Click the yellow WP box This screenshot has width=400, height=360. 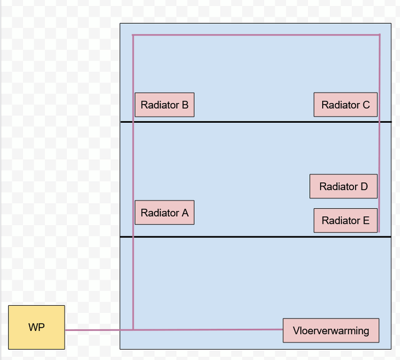[36, 327]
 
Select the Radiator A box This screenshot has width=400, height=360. [164, 213]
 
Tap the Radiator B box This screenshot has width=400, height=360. [164, 105]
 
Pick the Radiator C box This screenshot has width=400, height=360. [345, 105]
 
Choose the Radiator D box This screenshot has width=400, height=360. [343, 186]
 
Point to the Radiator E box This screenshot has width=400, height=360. [345, 220]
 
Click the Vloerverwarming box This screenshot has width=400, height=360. [331, 330]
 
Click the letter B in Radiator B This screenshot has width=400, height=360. [185, 105]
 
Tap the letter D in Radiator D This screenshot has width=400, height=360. [364, 186]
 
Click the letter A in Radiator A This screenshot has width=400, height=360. [185, 213]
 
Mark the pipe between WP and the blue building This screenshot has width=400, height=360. [92, 330]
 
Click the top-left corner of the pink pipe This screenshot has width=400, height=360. [133, 35]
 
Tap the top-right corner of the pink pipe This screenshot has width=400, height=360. [379, 35]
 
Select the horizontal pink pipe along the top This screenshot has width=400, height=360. [256, 35]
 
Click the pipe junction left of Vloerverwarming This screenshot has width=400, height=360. [133, 329]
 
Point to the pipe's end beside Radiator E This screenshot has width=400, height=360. [378, 231]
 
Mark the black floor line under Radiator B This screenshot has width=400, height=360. [247, 122]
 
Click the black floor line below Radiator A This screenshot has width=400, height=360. [247, 237]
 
